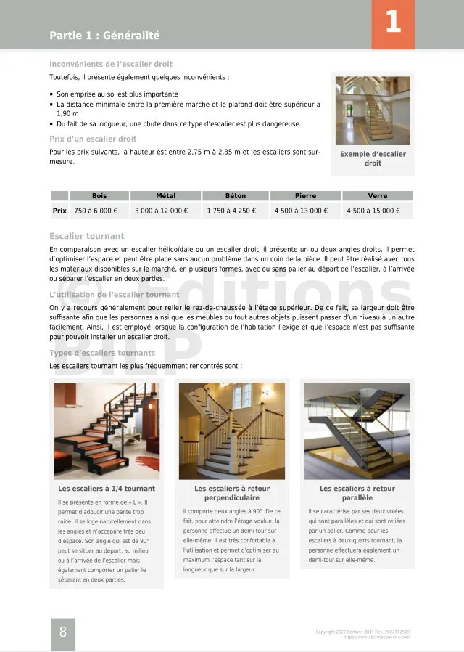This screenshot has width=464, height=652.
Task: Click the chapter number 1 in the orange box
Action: [x=393, y=23]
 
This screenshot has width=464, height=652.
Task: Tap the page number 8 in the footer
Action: [x=63, y=632]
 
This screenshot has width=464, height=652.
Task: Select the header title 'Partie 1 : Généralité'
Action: [x=104, y=36]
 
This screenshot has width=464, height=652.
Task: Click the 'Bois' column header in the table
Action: [x=99, y=196]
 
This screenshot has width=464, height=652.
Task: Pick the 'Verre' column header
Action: [x=377, y=196]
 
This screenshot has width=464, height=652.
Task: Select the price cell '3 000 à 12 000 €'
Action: [x=161, y=211]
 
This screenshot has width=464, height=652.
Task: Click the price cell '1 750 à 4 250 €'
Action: [x=231, y=211]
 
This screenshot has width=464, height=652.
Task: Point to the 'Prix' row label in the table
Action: [x=59, y=211]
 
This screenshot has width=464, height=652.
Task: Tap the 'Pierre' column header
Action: [x=305, y=196]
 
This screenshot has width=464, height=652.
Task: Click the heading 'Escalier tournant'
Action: [x=86, y=236]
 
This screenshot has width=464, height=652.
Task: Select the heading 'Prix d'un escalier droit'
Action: [x=93, y=139]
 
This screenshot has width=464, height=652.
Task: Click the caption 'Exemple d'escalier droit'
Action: [x=373, y=158]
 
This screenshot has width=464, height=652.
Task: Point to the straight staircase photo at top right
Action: [x=373, y=110]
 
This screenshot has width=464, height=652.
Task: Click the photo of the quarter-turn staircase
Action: [x=107, y=431]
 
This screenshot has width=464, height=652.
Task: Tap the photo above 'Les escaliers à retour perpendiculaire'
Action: [x=232, y=431]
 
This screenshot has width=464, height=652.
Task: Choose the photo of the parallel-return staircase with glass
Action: [x=357, y=431]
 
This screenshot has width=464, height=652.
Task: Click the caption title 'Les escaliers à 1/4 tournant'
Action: [x=107, y=489]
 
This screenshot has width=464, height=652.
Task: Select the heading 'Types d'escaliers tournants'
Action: [x=102, y=353]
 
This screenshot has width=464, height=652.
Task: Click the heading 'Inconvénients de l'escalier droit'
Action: [x=111, y=64]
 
